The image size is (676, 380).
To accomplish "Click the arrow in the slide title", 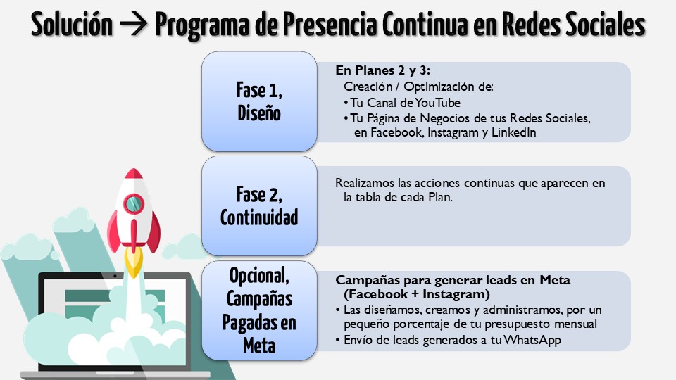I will pos(134,25).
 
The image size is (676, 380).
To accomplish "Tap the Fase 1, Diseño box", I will pos(258,101).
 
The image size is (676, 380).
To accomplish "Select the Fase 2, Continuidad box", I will pos(258,205).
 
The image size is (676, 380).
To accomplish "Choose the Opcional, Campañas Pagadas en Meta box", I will pos(258,310).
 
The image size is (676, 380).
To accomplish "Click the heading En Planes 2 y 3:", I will pos(382,71).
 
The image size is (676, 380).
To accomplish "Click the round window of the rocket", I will pos(134,204).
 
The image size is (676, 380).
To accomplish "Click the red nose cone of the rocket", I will pos(133,178).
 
